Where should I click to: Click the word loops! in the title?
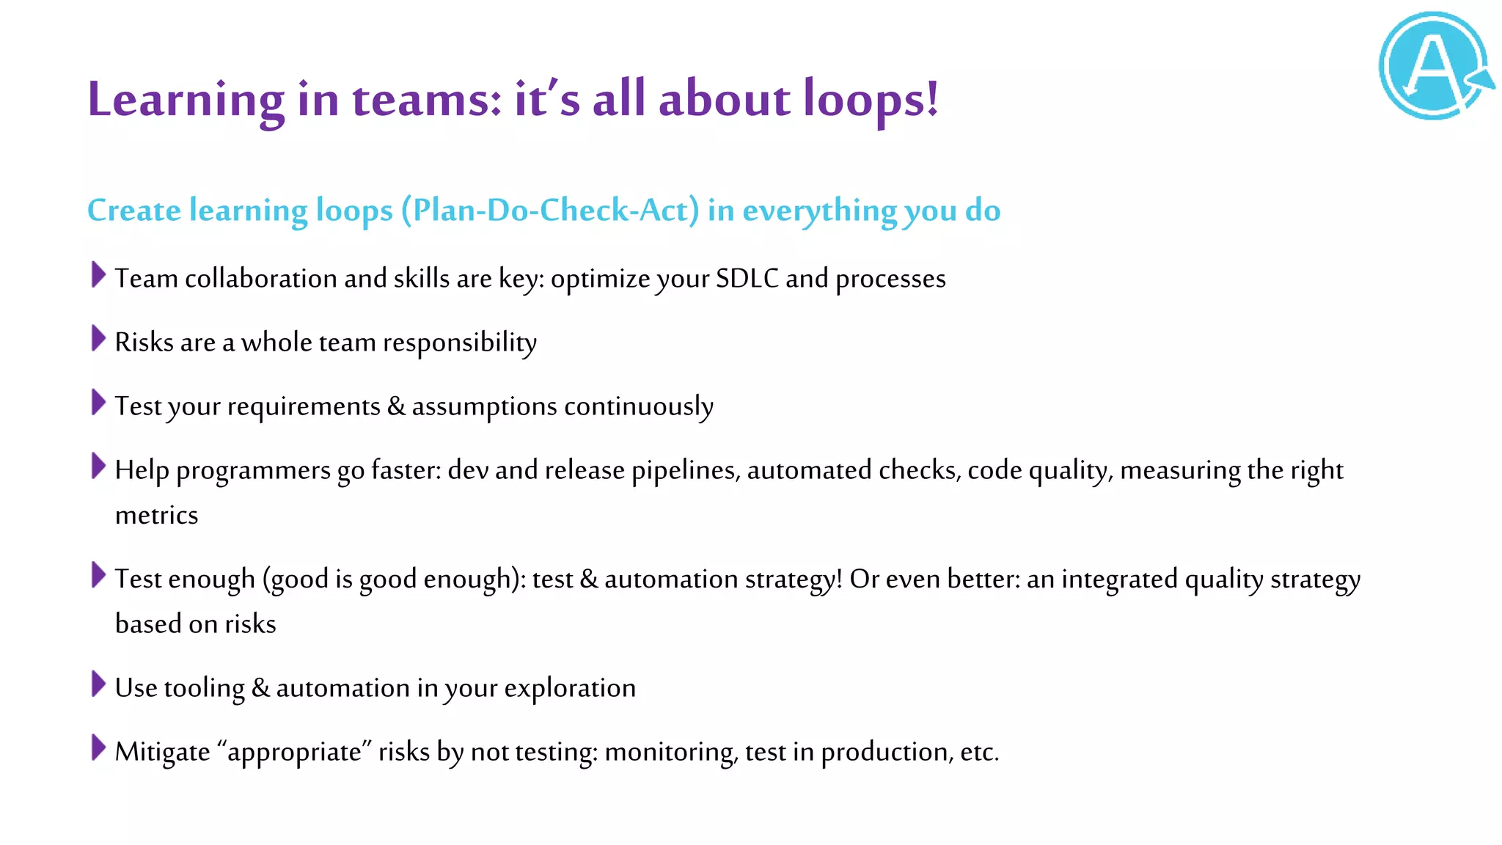pyautogui.click(x=871, y=99)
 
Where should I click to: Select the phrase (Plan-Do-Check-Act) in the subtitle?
pyautogui.click(x=550, y=211)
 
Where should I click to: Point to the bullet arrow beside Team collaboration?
pyautogui.click(x=98, y=275)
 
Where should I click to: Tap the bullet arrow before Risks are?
pyautogui.click(x=98, y=339)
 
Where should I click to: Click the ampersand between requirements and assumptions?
pyautogui.click(x=396, y=406)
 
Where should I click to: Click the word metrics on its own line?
pyautogui.click(x=156, y=516)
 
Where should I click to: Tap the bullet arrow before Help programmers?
pyautogui.click(x=98, y=467)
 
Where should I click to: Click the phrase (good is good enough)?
pyautogui.click(x=394, y=579)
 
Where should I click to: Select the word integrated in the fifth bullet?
pyautogui.click(x=1119, y=579)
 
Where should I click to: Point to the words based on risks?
pyautogui.click(x=195, y=624)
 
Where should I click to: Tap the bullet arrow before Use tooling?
pyautogui.click(x=98, y=684)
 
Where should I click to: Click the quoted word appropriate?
pyautogui.click(x=295, y=753)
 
